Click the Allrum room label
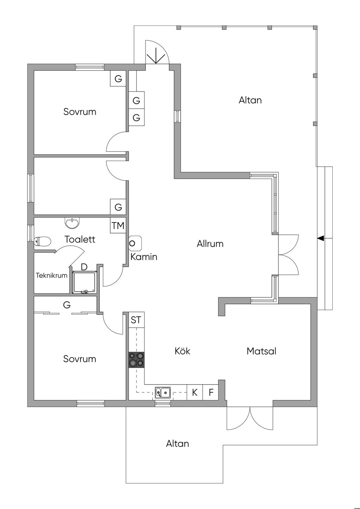pyautogui.click(x=210, y=244)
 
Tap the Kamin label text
pyautogui.click(x=144, y=257)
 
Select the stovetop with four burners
pyautogui.click(x=136, y=360)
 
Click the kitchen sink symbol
pyautogui.click(x=163, y=392)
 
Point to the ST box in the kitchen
pyautogui.click(x=136, y=320)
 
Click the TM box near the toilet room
pyautogui.click(x=118, y=225)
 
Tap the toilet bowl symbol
pyautogui.click(x=43, y=241)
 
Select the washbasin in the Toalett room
pyautogui.click(x=72, y=222)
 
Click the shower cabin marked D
pyautogui.click(x=84, y=282)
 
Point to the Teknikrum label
pyautogui.click(x=52, y=276)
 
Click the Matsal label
pyautogui.click(x=261, y=351)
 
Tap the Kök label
pyautogui.click(x=182, y=351)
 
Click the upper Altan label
pyautogui.click(x=250, y=100)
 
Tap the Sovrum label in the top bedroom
pyautogui.click(x=80, y=112)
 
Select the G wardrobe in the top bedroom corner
pyautogui.click(x=118, y=79)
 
